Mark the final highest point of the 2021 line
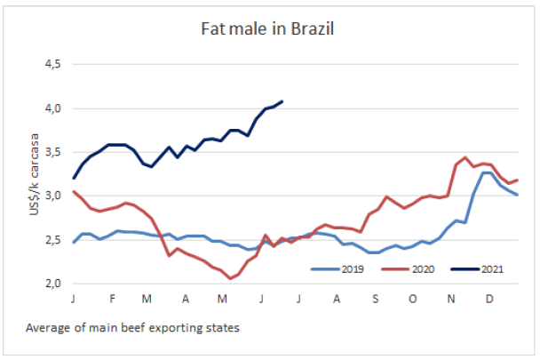(x=282, y=101)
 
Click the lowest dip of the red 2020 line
(x=231, y=278)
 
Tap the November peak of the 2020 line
(x=465, y=157)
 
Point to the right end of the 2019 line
(x=517, y=194)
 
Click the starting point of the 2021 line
(x=74, y=179)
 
